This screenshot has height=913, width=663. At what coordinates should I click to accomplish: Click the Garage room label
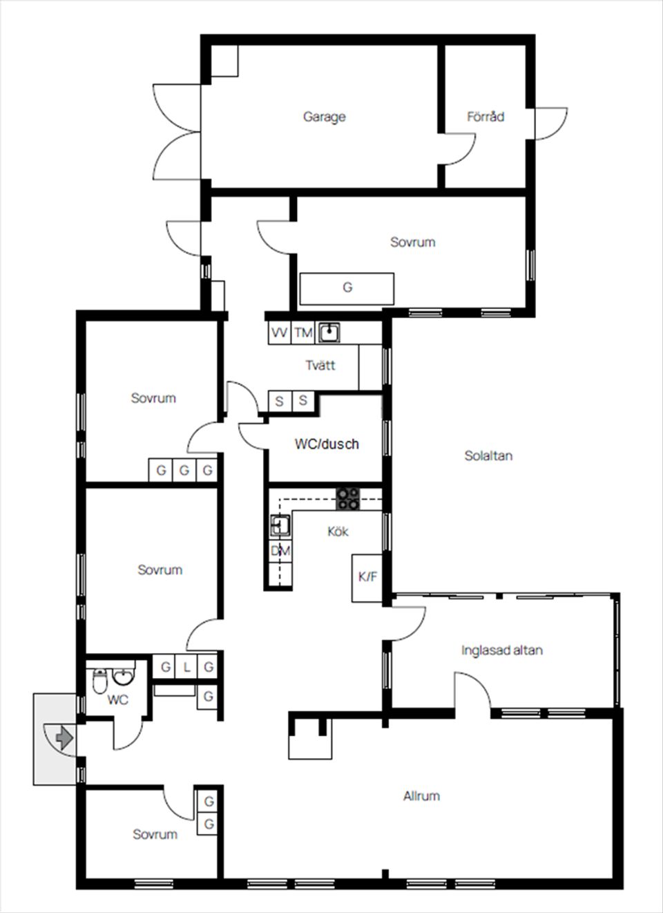[324, 117]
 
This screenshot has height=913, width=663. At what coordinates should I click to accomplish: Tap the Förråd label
[485, 117]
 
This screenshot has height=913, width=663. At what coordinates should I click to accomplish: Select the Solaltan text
[488, 455]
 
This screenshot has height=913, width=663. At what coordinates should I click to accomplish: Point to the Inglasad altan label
[501, 650]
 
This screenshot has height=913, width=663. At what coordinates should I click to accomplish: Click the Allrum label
[421, 796]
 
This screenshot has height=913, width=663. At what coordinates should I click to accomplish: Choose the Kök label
[338, 531]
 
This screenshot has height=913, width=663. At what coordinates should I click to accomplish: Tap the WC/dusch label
[327, 444]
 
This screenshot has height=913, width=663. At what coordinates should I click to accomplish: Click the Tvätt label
[320, 365]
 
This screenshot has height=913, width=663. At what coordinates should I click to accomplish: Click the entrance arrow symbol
[64, 737]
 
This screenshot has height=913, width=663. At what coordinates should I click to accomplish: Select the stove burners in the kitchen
[348, 498]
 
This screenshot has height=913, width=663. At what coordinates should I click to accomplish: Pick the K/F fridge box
[367, 576]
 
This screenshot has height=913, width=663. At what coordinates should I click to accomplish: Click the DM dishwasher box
[280, 551]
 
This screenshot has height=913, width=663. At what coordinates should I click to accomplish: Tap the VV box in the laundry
[279, 333]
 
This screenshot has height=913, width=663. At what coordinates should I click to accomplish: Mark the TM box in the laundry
[303, 333]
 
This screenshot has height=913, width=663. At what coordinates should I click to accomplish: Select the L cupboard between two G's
[186, 667]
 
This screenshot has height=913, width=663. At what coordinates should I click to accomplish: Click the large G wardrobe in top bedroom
[347, 288]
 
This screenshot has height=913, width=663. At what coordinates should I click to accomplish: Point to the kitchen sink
[280, 526]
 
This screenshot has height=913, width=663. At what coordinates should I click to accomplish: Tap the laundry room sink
[329, 333]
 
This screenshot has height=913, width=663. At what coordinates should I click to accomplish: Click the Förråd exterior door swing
[551, 124]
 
